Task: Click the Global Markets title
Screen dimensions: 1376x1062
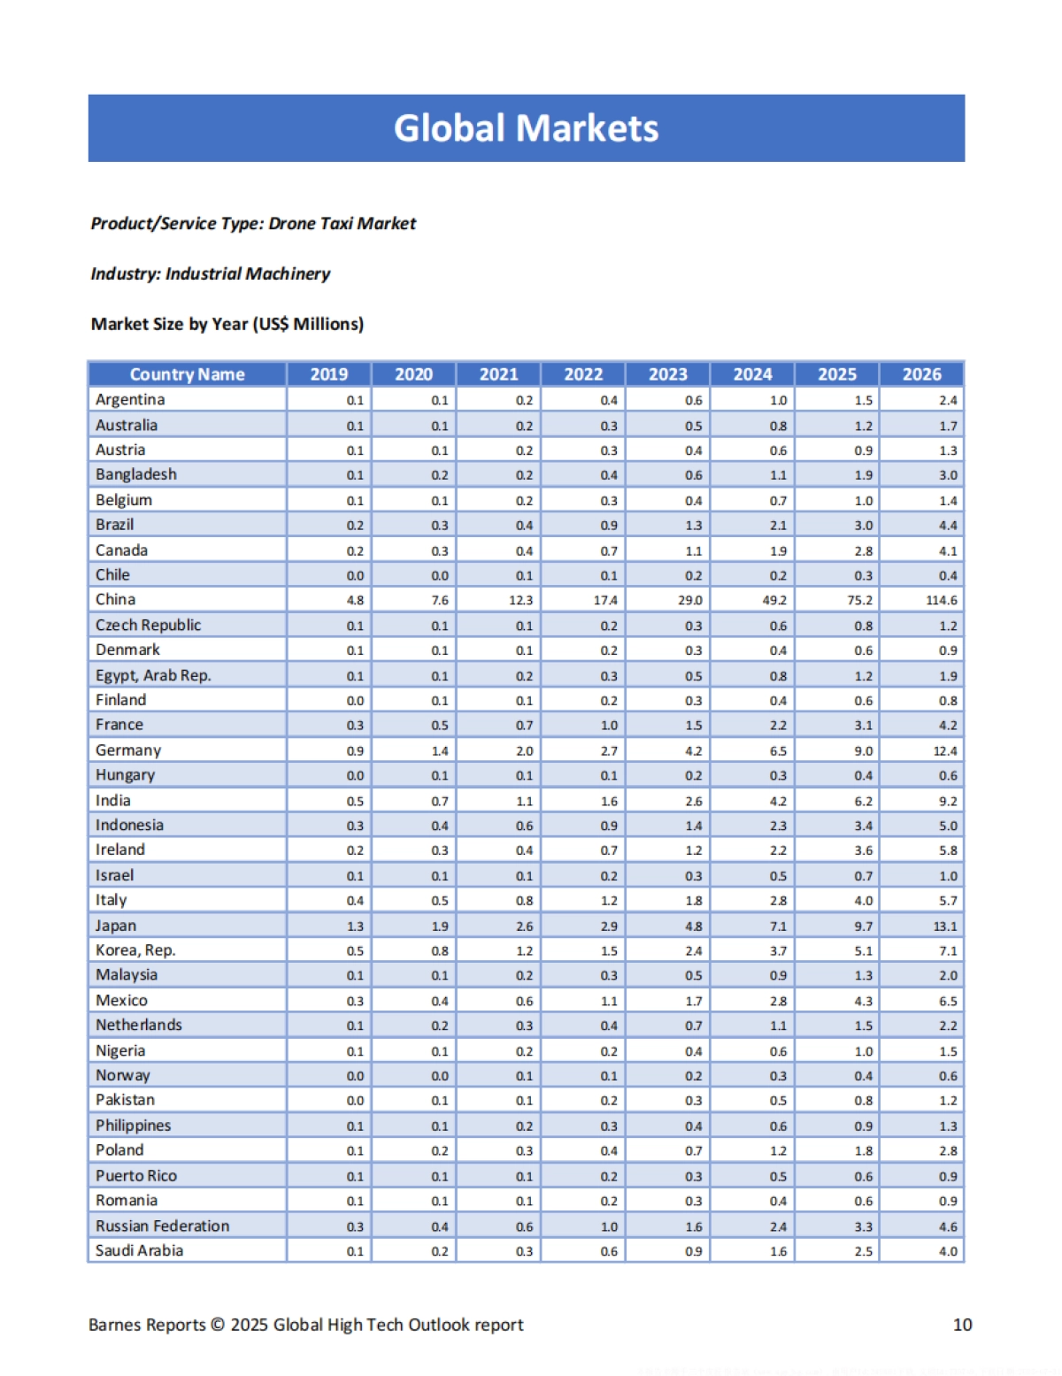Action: [x=526, y=128]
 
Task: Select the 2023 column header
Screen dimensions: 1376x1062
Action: [x=667, y=374]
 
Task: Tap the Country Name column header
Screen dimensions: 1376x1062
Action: [x=187, y=374]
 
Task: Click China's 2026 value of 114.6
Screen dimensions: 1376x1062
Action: [x=941, y=600]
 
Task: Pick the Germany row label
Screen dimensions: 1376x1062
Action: [x=128, y=750]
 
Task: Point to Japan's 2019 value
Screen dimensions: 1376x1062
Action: [x=355, y=926]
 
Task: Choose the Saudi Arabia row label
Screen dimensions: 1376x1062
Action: [x=139, y=1251]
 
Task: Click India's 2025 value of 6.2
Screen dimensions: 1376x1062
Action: [x=863, y=801]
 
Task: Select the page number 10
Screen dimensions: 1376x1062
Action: [x=962, y=1325]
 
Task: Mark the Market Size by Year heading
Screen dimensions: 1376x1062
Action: [x=227, y=324]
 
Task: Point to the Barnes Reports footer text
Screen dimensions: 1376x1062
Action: [x=305, y=1325]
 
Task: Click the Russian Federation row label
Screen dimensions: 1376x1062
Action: [x=162, y=1226]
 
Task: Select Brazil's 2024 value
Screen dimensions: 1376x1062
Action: [x=778, y=526]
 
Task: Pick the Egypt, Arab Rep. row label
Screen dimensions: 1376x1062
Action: [x=153, y=676]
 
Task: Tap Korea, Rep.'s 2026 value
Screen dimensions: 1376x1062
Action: [x=948, y=951]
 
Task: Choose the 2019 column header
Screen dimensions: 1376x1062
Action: [x=328, y=374]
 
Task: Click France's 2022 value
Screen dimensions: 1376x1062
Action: [x=609, y=726]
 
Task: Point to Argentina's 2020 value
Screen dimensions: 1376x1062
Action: [x=440, y=400]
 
